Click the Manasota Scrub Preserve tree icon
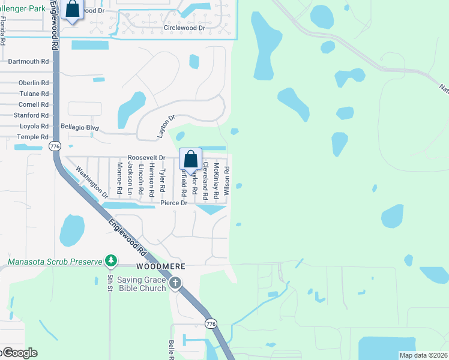(x=110, y=260)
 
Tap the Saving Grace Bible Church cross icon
(x=175, y=283)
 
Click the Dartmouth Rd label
(x=28, y=62)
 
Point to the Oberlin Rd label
(x=34, y=83)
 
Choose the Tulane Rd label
(x=34, y=94)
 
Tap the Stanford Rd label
(x=32, y=115)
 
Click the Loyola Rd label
(x=34, y=126)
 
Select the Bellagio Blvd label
(x=80, y=127)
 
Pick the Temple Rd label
(x=32, y=137)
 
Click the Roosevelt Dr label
(x=146, y=157)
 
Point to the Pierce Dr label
(x=174, y=203)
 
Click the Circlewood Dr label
(x=184, y=28)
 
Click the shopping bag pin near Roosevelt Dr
(x=190, y=160)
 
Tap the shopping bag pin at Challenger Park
(x=72, y=9)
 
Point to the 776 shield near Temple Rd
(x=55, y=146)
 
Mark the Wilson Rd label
(x=227, y=177)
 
